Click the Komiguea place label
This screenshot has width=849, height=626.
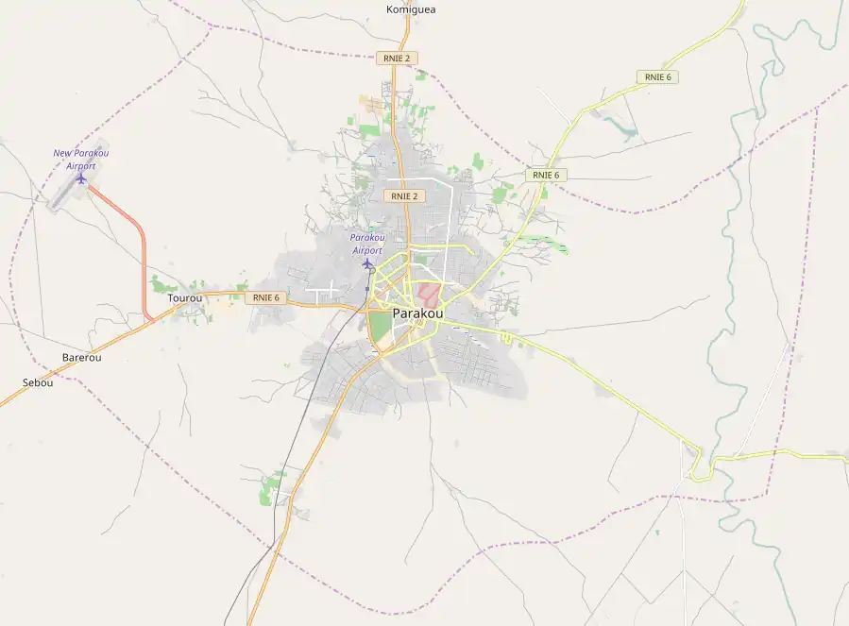coord(411,9)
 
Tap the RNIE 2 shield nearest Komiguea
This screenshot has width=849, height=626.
coord(397,58)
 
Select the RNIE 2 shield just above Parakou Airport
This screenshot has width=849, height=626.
coord(405,196)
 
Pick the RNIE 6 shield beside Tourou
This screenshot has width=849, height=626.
coord(265,297)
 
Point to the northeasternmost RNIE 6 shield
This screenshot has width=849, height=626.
coord(657,76)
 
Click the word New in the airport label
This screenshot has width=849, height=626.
coord(62,153)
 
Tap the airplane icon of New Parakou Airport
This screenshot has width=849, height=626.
coord(81,178)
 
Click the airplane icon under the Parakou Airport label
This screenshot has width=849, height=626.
coord(367,263)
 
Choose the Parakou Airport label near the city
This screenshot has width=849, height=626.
coord(366,244)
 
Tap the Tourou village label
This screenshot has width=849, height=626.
coord(184,298)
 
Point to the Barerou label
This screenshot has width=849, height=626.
coord(81,358)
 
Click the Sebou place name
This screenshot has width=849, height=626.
coord(38,382)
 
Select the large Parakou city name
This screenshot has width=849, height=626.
coord(417,313)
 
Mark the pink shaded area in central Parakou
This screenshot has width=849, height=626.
coord(429,294)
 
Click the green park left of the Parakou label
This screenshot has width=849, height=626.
coord(380,329)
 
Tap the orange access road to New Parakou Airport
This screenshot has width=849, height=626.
coord(144,255)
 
